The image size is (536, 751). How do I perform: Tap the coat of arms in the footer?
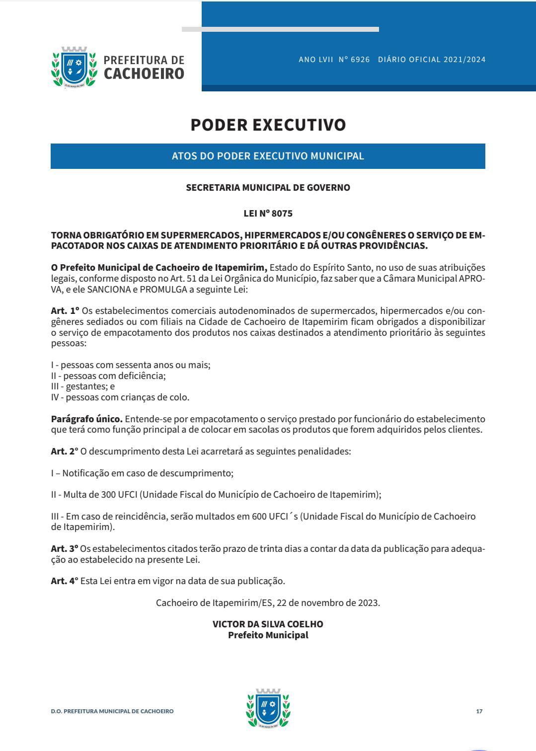click(268, 708)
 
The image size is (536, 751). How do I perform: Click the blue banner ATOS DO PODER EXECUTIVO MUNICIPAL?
click(268, 156)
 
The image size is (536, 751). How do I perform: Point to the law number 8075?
click(282, 214)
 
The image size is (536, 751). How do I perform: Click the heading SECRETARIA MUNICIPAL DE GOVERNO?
click(268, 188)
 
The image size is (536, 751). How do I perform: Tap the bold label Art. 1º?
click(65, 311)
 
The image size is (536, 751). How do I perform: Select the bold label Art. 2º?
click(65, 451)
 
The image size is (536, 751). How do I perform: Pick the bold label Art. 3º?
click(65, 549)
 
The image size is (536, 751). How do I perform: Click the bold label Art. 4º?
click(65, 581)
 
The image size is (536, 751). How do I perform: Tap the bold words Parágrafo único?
click(86, 419)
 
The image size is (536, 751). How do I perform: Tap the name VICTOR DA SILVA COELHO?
click(268, 624)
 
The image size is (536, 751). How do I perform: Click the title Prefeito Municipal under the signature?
click(268, 635)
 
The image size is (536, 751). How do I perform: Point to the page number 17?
click(479, 711)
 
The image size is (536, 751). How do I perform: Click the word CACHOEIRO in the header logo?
click(144, 74)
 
